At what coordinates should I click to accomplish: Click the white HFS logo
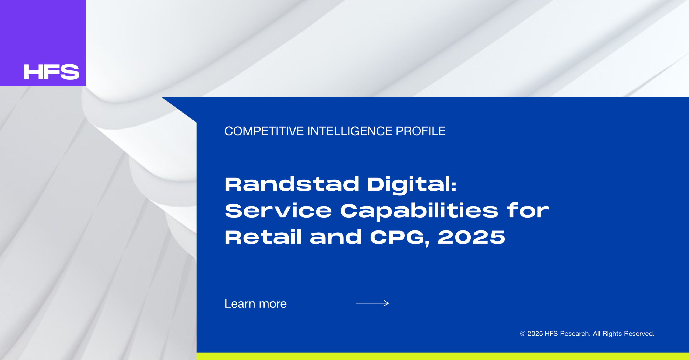click(52, 72)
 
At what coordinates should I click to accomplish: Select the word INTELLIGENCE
click(349, 131)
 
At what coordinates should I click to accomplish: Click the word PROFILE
click(420, 131)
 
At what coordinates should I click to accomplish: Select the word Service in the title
click(278, 211)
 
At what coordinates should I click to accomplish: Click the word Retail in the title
click(263, 237)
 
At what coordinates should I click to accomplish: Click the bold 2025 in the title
click(471, 237)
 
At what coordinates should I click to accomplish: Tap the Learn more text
click(255, 304)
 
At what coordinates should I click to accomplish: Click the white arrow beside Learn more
click(372, 303)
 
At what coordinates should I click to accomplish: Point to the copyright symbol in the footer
click(522, 334)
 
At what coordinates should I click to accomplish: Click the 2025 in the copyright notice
click(535, 334)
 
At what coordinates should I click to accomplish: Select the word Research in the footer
click(575, 334)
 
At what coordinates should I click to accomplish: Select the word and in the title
click(336, 237)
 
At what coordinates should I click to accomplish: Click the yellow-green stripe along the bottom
click(443, 356)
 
